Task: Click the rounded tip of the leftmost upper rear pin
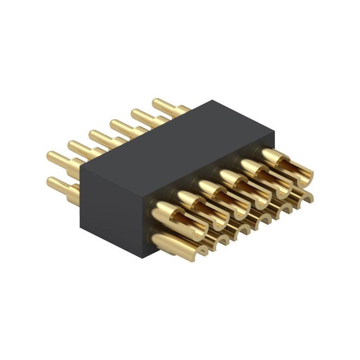[x=51, y=157]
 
